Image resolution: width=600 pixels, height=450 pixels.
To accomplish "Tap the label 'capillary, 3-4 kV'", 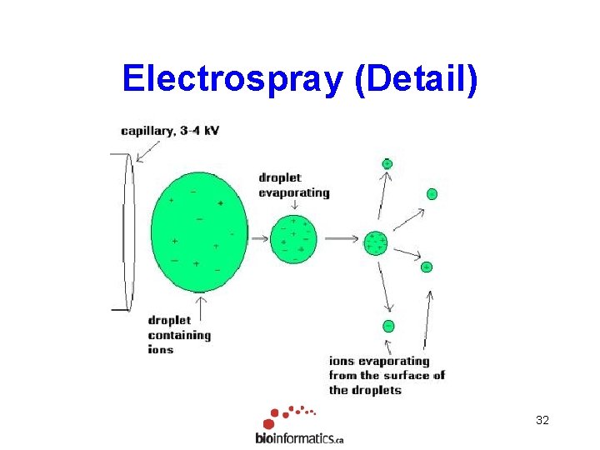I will pos(170,131).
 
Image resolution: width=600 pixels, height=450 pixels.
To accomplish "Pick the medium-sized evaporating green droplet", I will pos(294,238).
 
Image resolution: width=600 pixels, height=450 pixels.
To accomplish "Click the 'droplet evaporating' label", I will pos(293,185).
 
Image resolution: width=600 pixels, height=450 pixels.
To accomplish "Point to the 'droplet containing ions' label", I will pos(179,334).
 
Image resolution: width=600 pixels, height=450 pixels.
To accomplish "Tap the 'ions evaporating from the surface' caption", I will pos(386,375).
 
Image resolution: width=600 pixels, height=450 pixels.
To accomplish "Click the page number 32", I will pos(542,421).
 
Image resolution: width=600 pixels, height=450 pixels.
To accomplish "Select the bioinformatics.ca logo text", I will pos(299,437).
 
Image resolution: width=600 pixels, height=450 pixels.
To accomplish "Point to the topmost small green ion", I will pos(387,163).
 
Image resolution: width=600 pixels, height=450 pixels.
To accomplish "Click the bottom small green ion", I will pos(388,326).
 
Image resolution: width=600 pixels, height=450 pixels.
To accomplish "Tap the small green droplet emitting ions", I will pos(375,242).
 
